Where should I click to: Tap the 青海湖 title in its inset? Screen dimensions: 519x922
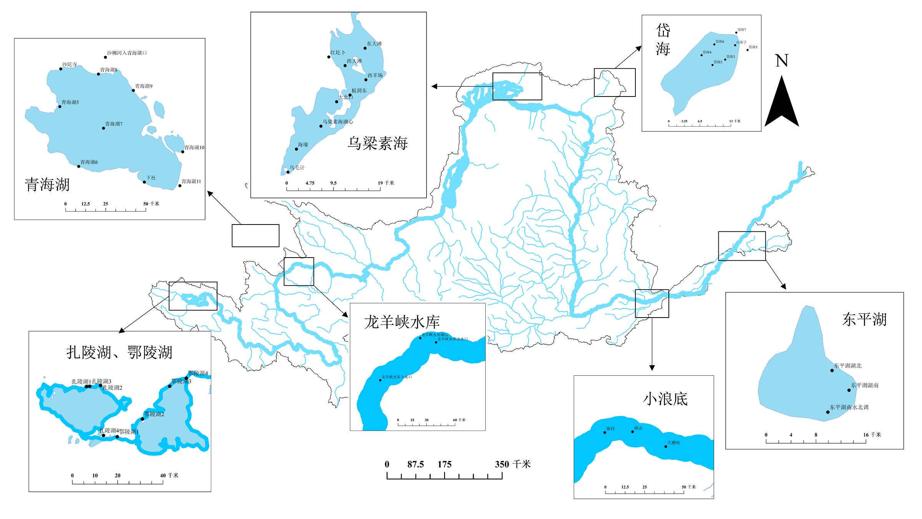point(47,185)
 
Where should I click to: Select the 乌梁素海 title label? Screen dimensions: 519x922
point(378,143)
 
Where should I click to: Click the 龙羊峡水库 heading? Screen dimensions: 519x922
point(402,322)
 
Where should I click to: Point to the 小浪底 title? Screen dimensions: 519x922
point(665,399)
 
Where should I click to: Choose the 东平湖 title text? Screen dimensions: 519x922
point(864,319)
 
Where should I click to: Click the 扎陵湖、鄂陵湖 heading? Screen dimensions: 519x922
point(119,352)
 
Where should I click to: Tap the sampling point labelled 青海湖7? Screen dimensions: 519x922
point(103,128)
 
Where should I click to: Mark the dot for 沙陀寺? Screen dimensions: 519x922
point(61,69)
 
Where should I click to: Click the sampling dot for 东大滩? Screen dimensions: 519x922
point(365,48)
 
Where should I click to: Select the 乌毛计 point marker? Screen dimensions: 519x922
point(288,172)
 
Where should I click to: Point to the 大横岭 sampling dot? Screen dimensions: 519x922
point(666,447)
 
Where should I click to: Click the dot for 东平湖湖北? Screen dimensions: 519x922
point(832,371)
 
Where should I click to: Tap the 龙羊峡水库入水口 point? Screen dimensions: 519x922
point(380,380)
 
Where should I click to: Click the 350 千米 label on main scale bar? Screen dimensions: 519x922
point(512,464)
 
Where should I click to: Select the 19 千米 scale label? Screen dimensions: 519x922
point(386,183)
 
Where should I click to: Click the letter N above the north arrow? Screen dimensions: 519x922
point(781,61)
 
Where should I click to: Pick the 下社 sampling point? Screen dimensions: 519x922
point(144,182)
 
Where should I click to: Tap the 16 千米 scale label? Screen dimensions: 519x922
point(872,435)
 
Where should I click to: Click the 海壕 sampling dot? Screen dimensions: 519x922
point(297,149)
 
